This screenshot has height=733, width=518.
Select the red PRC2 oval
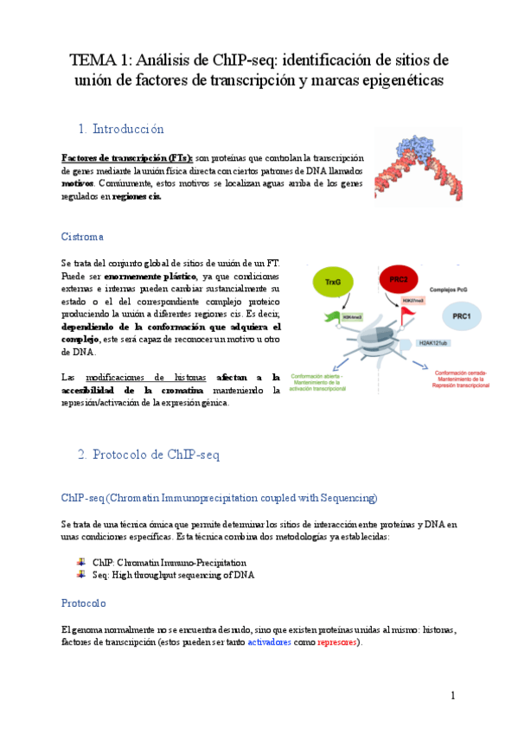tap(399, 280)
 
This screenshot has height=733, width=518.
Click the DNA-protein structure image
tap(419, 168)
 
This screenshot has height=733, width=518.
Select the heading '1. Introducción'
tap(120, 129)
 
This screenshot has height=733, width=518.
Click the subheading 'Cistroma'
tap(82, 236)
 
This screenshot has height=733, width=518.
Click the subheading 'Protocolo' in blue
tap(83, 602)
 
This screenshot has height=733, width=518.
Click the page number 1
tap(451, 695)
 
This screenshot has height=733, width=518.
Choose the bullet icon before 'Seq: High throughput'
tap(81, 574)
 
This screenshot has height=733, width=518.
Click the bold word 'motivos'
tap(78, 184)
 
